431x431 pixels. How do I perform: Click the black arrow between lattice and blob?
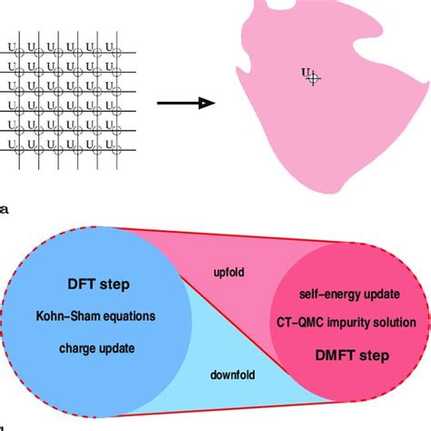point(185,103)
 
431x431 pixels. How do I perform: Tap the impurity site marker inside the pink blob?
point(313,79)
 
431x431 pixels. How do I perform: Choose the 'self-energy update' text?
point(348,295)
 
